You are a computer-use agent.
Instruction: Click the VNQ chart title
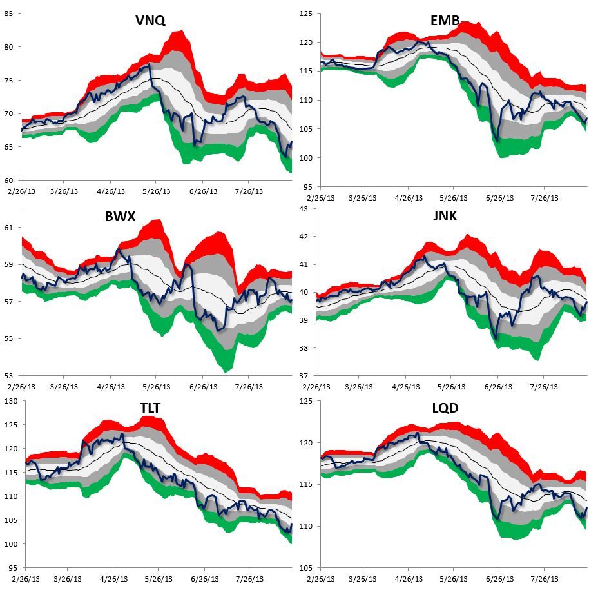point(150,21)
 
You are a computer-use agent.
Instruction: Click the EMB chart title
point(445,21)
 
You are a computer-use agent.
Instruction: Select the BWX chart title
point(120,216)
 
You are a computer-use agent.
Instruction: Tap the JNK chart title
point(445,216)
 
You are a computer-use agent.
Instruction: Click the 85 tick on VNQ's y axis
point(11,14)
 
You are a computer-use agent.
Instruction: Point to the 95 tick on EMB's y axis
point(308,186)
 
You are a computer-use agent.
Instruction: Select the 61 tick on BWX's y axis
point(11,228)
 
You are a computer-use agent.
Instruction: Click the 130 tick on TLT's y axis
point(9,401)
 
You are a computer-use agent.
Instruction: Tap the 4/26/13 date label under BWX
point(111,387)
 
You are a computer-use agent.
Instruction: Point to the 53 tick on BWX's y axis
point(11,375)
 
